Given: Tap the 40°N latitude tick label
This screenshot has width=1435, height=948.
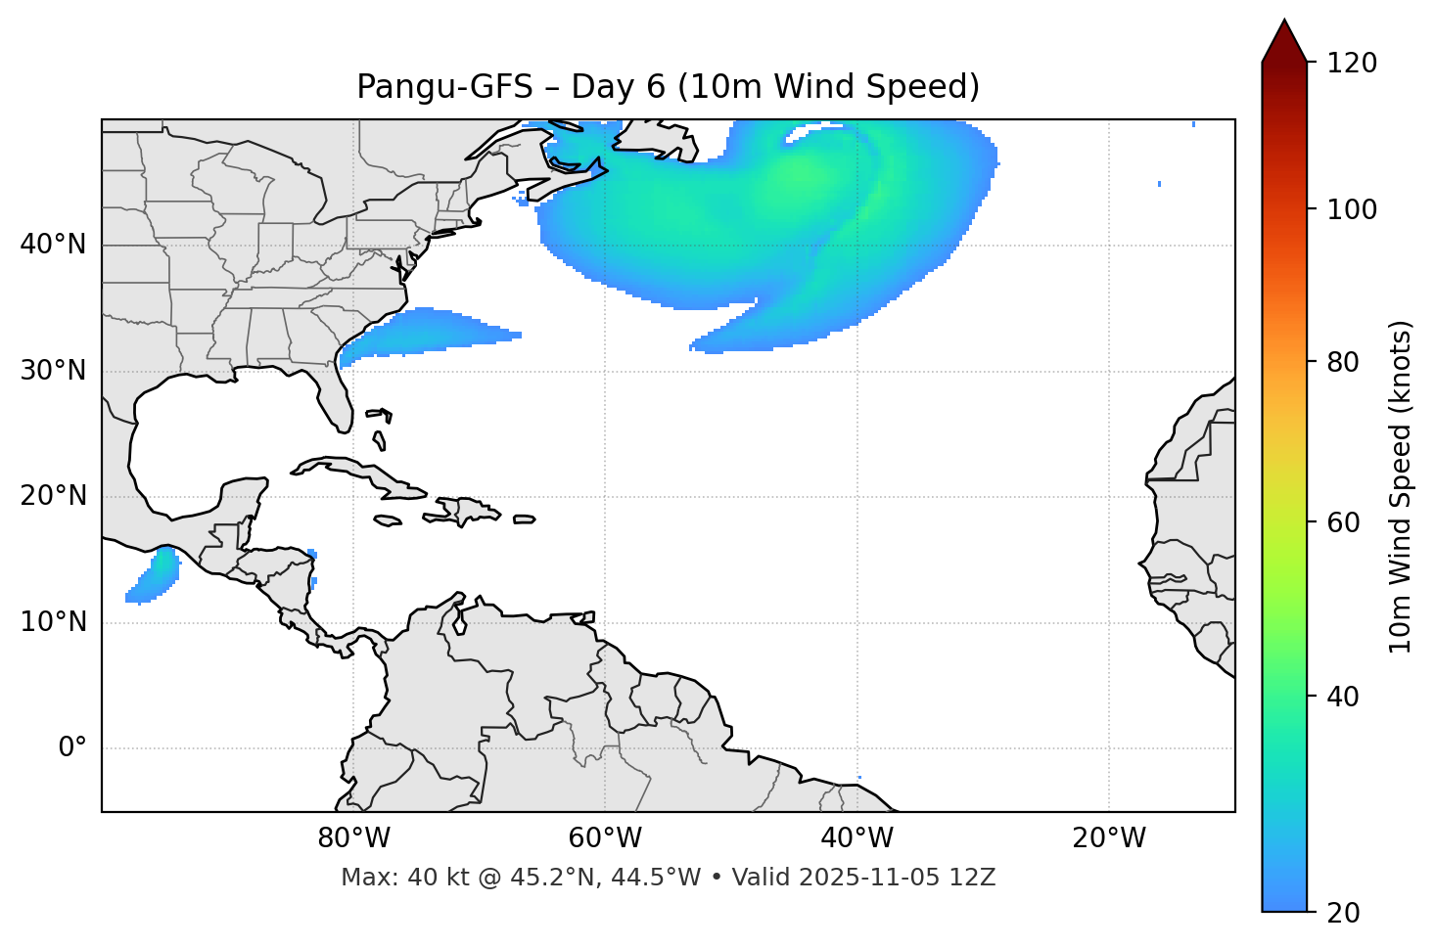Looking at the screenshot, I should coord(53,245).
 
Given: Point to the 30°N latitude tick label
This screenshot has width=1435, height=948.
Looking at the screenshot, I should coord(53,371).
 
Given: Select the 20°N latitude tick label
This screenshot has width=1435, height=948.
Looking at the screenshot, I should coord(53,496).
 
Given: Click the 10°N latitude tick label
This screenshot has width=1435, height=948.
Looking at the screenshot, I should coord(53,622).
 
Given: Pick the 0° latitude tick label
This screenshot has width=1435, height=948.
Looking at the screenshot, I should coord(71,748).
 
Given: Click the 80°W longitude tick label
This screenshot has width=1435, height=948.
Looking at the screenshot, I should coord(353,838).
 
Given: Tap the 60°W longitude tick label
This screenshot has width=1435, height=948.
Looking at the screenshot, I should coord(605,838).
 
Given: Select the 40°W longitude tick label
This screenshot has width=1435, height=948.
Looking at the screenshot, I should coord(856,838).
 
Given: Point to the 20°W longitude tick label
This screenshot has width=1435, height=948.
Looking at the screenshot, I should coord(1108,838).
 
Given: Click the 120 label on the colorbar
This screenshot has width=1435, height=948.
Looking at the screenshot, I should coord(1352,64).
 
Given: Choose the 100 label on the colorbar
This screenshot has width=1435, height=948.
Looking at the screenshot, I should coord(1352,209).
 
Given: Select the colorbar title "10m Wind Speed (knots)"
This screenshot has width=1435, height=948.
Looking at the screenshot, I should coord(1401,487).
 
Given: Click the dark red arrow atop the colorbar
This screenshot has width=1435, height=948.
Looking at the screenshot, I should coord(1284,42).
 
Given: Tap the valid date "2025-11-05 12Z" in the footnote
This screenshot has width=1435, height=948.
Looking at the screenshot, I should coord(897,878).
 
